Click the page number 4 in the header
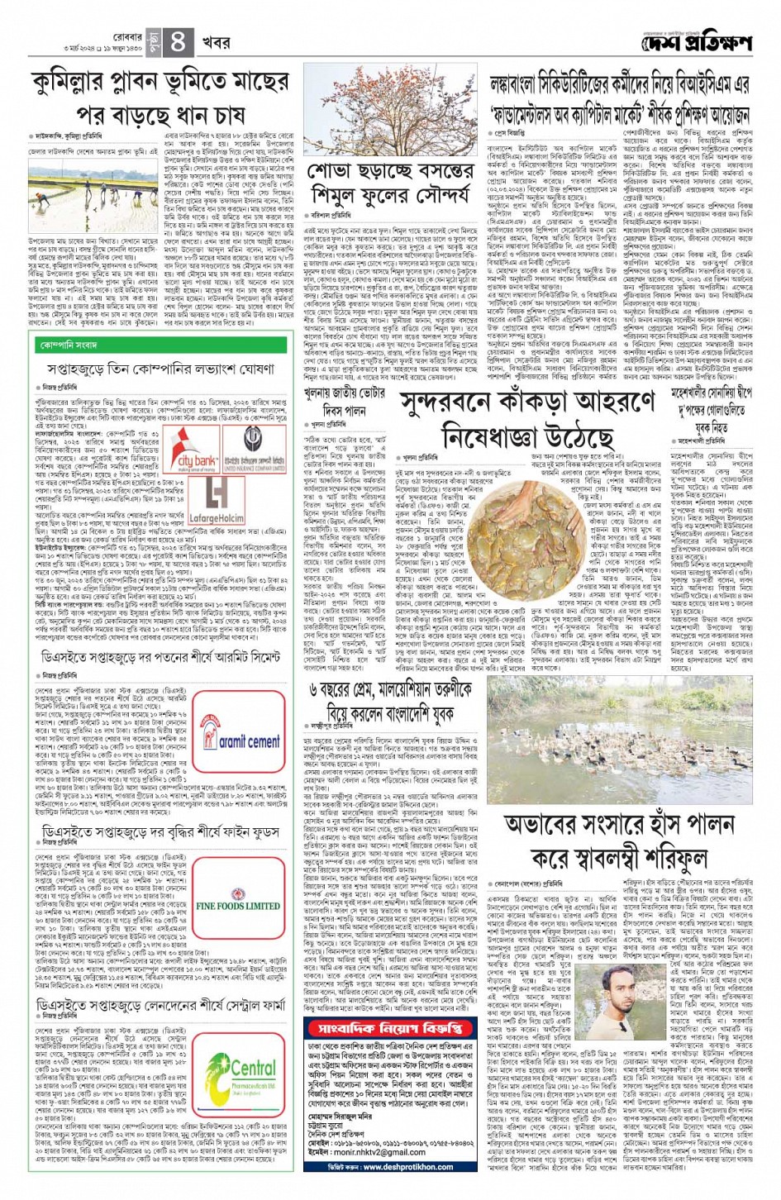(179, 43)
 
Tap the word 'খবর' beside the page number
(217, 43)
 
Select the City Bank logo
(193, 451)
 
